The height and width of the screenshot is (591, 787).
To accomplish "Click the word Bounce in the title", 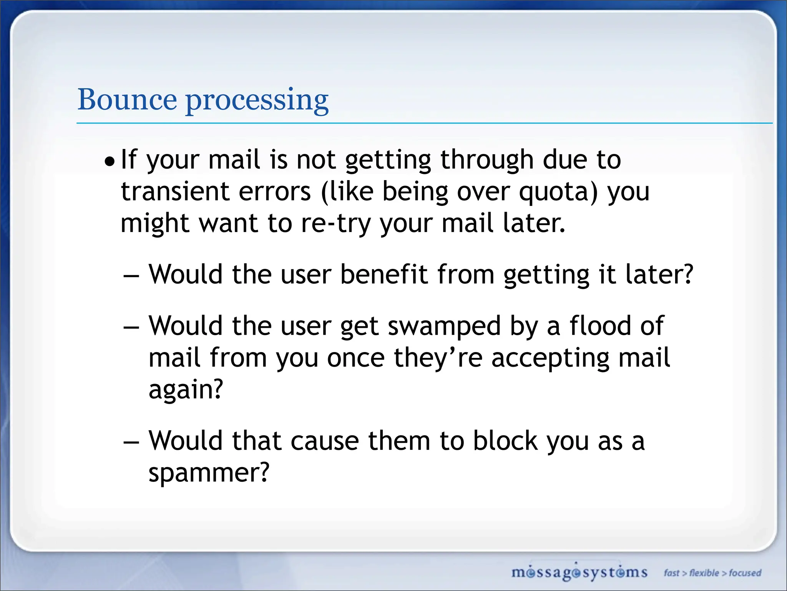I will pyautogui.click(x=127, y=100).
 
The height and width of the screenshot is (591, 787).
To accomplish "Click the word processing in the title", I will pyautogui.click(x=257, y=101).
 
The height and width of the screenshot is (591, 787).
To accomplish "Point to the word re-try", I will pyautogui.click(x=335, y=224).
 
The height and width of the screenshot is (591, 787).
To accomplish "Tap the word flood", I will pyautogui.click(x=600, y=326).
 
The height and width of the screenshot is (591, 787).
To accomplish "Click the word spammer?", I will pyautogui.click(x=209, y=473).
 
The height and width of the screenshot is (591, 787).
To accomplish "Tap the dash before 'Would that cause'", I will pyautogui.click(x=131, y=443).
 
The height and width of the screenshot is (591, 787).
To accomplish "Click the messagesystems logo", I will pyautogui.click(x=579, y=572).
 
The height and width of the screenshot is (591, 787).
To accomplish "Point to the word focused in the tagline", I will pyautogui.click(x=745, y=573).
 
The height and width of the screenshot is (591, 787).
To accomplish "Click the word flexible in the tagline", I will pyautogui.click(x=704, y=573).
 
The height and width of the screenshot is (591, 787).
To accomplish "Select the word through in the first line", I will pyautogui.click(x=487, y=160).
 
